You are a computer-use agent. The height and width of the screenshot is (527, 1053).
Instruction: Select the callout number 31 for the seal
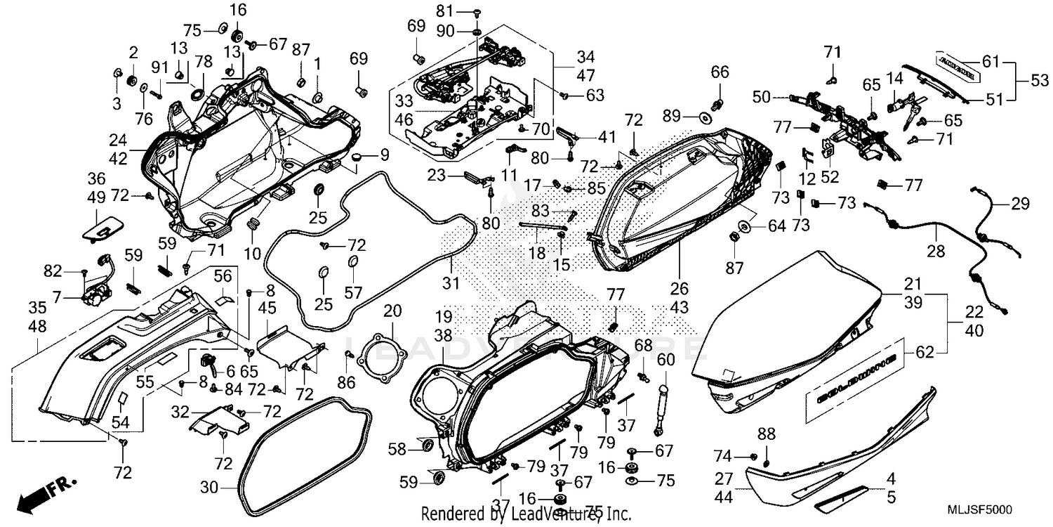click(x=451, y=283)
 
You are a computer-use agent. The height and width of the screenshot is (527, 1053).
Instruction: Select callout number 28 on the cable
click(x=936, y=251)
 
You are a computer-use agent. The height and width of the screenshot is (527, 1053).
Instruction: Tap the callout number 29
click(x=1020, y=204)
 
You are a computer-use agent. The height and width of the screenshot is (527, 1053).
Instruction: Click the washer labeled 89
click(x=701, y=115)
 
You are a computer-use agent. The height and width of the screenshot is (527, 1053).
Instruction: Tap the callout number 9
click(x=384, y=155)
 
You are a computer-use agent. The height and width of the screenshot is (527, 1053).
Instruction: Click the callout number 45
click(x=268, y=308)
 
